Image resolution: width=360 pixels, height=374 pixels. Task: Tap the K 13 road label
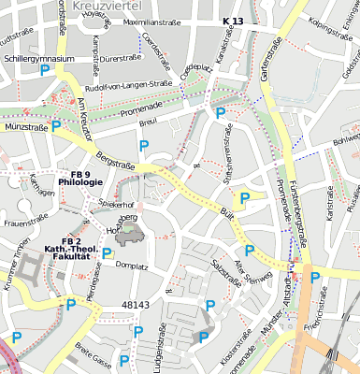click(233, 21)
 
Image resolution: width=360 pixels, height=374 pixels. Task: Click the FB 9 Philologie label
click(80, 178)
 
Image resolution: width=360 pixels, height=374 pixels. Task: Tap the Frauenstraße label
click(25, 223)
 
